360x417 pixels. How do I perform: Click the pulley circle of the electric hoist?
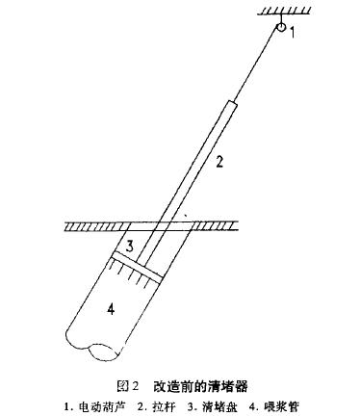click(x=281, y=30)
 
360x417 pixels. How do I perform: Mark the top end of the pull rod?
click(x=234, y=101)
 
